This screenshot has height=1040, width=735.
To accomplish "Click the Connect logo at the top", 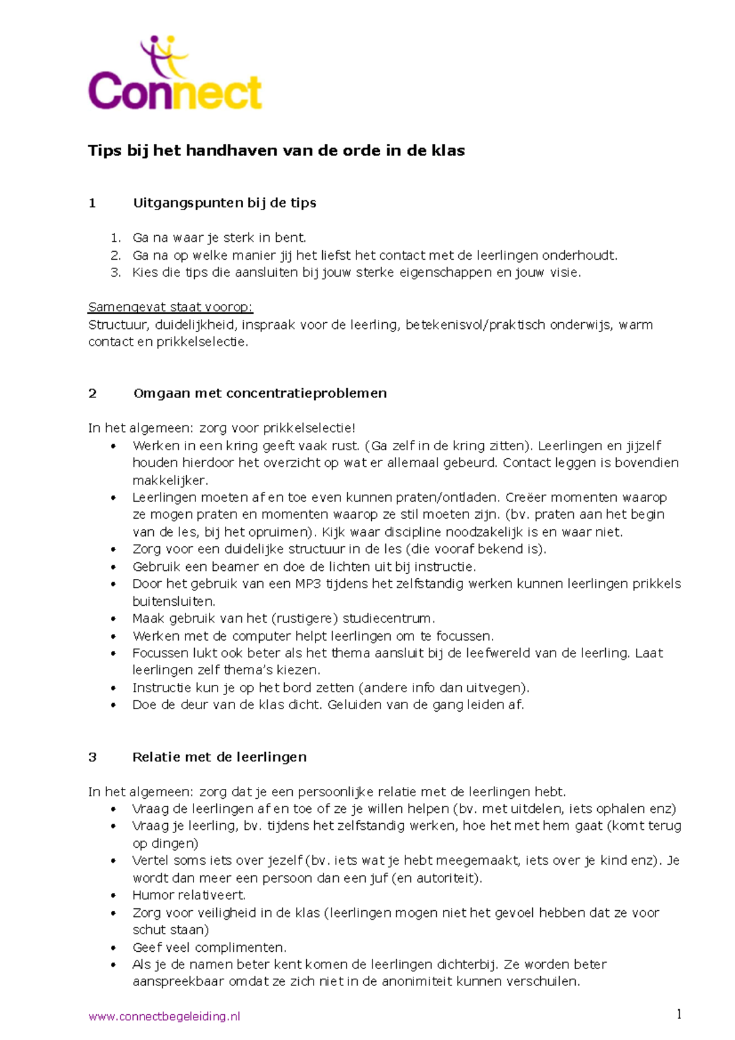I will tap(175, 75).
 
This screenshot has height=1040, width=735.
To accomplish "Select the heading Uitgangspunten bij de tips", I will tap(224, 203).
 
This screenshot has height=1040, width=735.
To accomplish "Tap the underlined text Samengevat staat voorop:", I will tap(170, 307).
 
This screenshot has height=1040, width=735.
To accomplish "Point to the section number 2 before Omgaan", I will tap(92, 394).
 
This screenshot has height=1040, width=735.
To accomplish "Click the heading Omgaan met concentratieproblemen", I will tap(260, 394).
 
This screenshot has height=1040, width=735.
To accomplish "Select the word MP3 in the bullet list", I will tap(308, 584).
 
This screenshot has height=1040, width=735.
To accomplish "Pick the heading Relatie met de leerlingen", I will tap(219, 758).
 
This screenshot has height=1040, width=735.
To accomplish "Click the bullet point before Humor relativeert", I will tap(113, 896).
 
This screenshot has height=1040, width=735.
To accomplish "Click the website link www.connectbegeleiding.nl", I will tap(164, 1017).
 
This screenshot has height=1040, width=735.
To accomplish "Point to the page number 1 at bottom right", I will tap(679, 1015).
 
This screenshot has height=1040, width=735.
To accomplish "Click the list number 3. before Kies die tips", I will tap(116, 273).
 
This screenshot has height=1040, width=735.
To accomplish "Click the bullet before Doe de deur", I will tap(113, 706).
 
